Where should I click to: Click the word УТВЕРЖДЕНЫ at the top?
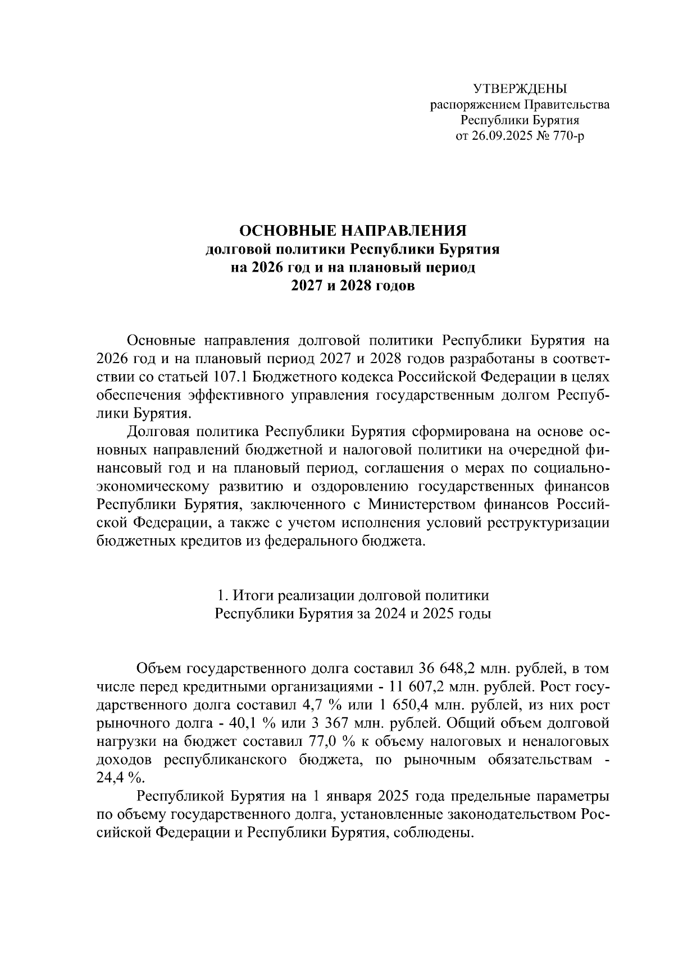(x=520, y=89)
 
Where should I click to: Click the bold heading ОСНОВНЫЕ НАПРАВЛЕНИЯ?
(x=353, y=231)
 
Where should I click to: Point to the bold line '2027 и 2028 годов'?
(x=353, y=286)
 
